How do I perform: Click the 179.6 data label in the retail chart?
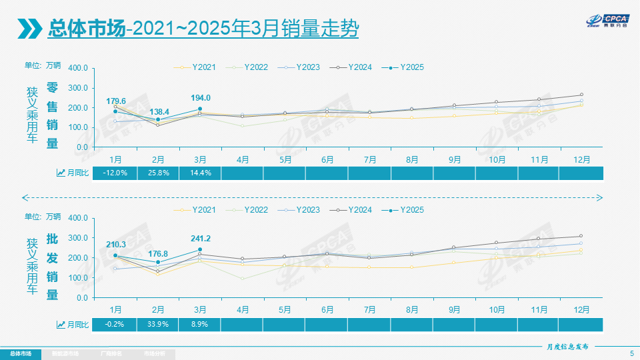coord(116,101)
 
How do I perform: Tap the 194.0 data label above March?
coord(200,98)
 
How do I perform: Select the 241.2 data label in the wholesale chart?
coord(200,239)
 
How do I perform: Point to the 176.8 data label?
coord(158,253)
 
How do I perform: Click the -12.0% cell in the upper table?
coord(116,173)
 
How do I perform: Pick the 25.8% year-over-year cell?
coord(158,173)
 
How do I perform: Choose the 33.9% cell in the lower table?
coord(158,324)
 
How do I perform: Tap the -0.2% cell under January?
coord(116,324)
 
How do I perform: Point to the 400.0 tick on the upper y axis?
coord(79,68)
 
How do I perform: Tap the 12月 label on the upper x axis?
coord(581,159)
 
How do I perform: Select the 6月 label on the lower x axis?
coord(327,310)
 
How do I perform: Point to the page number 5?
coord(631,353)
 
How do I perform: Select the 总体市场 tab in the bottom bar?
coord(20,353)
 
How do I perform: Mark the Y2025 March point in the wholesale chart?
coord(200,250)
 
